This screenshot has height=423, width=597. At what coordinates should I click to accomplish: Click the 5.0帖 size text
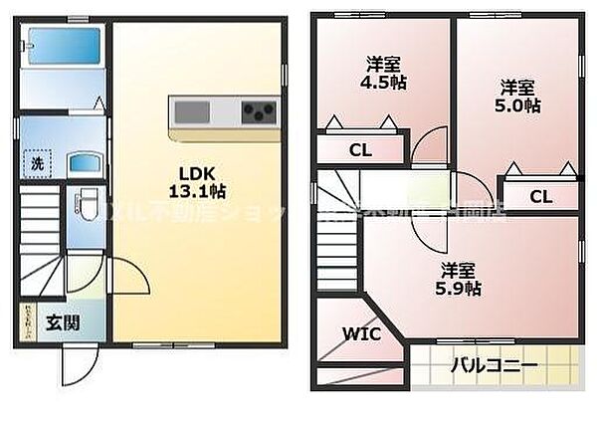(518, 106)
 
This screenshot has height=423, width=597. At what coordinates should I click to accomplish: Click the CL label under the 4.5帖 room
(359, 151)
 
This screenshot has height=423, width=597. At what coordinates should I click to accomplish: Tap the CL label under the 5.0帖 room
(538, 196)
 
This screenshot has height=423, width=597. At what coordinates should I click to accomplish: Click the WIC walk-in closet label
(360, 334)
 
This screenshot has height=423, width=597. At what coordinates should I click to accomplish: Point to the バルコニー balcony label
(494, 365)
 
